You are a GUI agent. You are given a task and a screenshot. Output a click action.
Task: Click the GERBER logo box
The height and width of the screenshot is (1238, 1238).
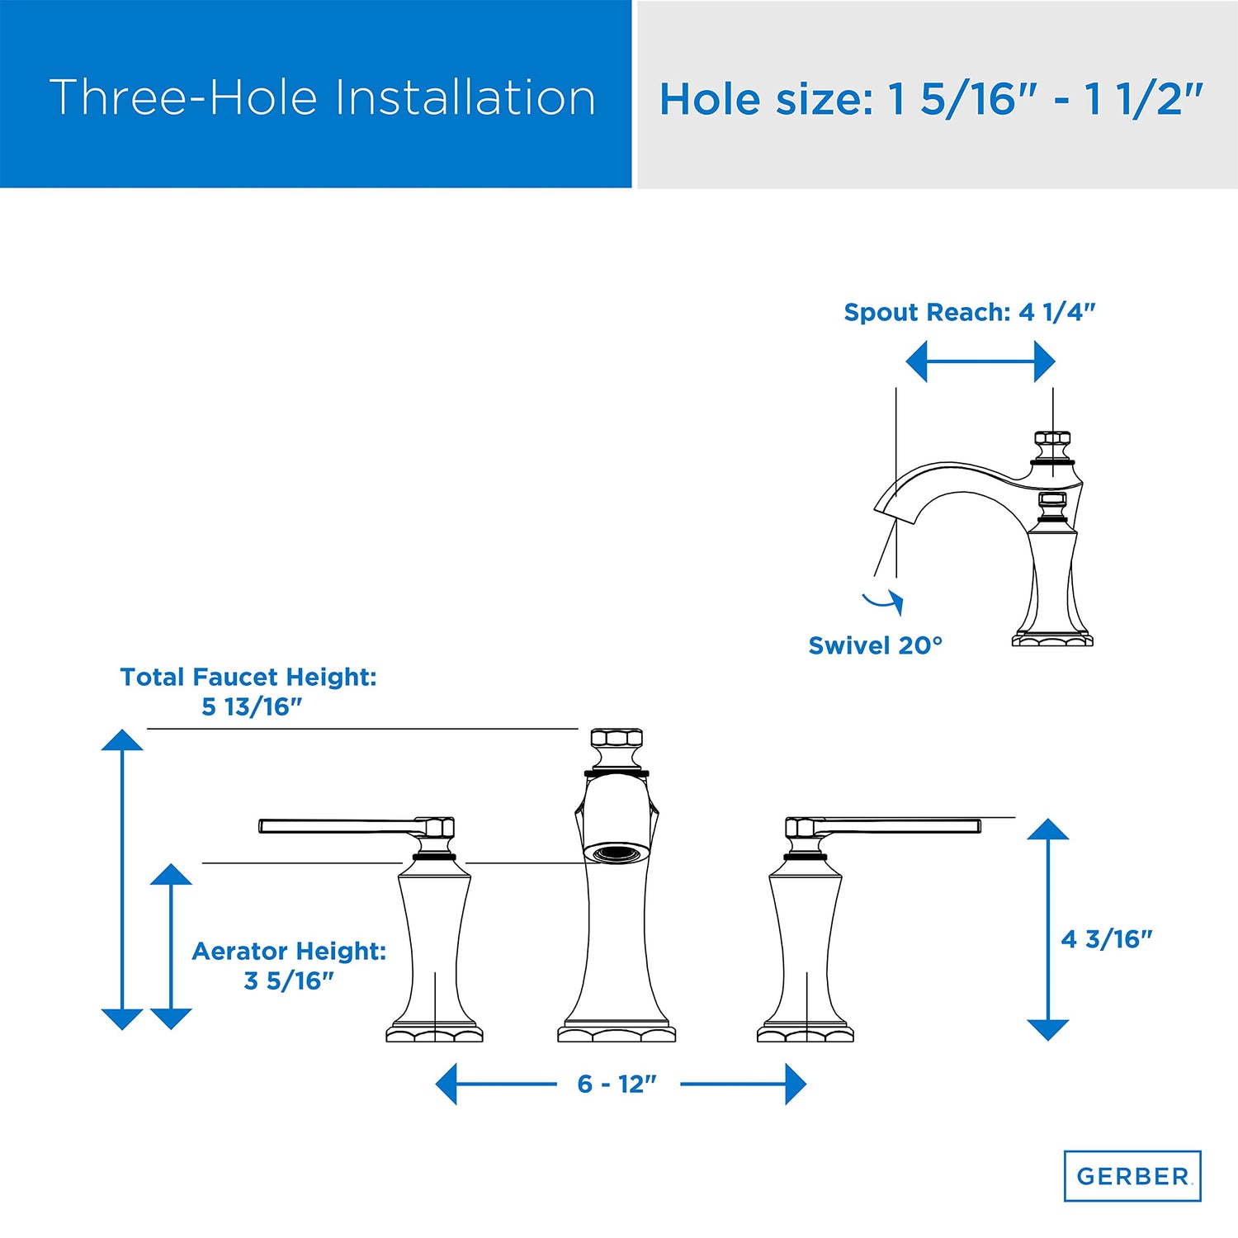pyautogui.click(x=1132, y=1175)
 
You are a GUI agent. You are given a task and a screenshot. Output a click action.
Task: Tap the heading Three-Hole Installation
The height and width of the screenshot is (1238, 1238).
pyautogui.click(x=323, y=97)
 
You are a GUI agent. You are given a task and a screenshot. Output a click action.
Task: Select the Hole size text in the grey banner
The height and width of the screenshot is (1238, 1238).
pyautogui.click(x=932, y=100)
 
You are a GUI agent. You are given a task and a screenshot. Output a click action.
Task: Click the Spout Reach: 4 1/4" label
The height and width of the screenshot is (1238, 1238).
pyautogui.click(x=970, y=312)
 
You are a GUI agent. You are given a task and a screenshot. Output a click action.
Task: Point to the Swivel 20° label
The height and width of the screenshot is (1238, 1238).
pyautogui.click(x=875, y=645)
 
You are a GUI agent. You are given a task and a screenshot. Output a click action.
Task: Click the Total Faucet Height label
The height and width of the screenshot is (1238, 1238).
pyautogui.click(x=248, y=692)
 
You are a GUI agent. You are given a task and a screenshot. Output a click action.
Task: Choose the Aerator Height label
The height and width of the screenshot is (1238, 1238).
pyautogui.click(x=289, y=966)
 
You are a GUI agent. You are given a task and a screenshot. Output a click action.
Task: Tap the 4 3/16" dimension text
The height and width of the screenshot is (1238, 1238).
pyautogui.click(x=1107, y=939)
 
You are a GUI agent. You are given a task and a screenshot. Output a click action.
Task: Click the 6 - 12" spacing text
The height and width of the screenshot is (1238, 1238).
pyautogui.click(x=617, y=1084)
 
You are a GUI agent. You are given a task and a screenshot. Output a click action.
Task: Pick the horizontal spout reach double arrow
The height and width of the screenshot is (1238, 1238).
pyautogui.click(x=980, y=362)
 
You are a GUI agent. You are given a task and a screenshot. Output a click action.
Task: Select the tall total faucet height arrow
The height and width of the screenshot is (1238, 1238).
pyautogui.click(x=122, y=879)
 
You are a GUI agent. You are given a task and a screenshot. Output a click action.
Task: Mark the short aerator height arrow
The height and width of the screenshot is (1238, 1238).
pyautogui.click(x=171, y=947)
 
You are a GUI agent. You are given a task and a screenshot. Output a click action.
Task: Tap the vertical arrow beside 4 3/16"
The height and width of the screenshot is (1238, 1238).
pyautogui.click(x=1048, y=929)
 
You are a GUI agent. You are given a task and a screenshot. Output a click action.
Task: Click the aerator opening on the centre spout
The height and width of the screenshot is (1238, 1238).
pyautogui.click(x=617, y=853)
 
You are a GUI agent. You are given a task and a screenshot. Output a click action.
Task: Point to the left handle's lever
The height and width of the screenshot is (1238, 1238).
pyautogui.click(x=338, y=825)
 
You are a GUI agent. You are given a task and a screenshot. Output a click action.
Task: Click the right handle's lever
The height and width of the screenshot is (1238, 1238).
pyautogui.click(x=900, y=825)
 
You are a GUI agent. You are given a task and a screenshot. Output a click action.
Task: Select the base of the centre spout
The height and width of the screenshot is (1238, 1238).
pyautogui.click(x=617, y=1032)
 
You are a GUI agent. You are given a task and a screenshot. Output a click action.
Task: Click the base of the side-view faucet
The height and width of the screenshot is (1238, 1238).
pyautogui.click(x=1052, y=639)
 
